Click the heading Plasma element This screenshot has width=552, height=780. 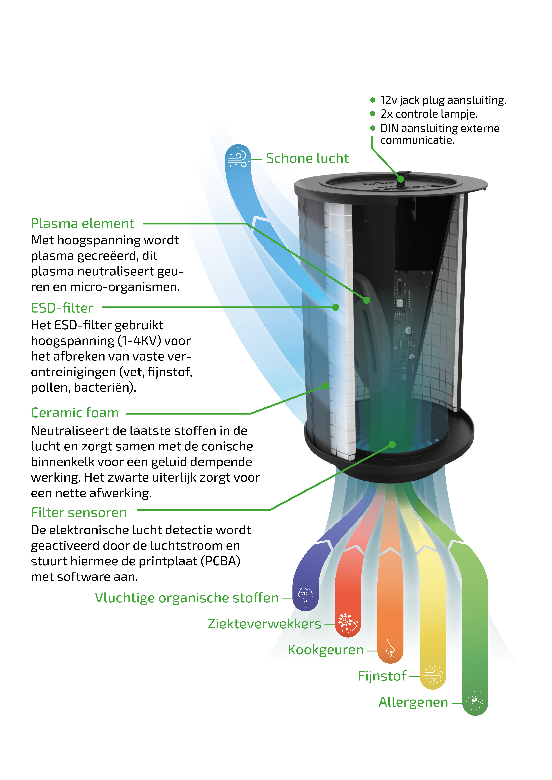pos(83,224)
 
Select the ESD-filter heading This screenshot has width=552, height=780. pos(62,308)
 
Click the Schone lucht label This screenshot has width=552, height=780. pos(307,158)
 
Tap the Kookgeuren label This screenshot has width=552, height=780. pos(325,650)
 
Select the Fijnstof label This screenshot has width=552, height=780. pos(382,676)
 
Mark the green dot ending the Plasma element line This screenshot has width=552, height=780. pos(366,300)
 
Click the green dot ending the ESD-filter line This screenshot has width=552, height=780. pos(336,307)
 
